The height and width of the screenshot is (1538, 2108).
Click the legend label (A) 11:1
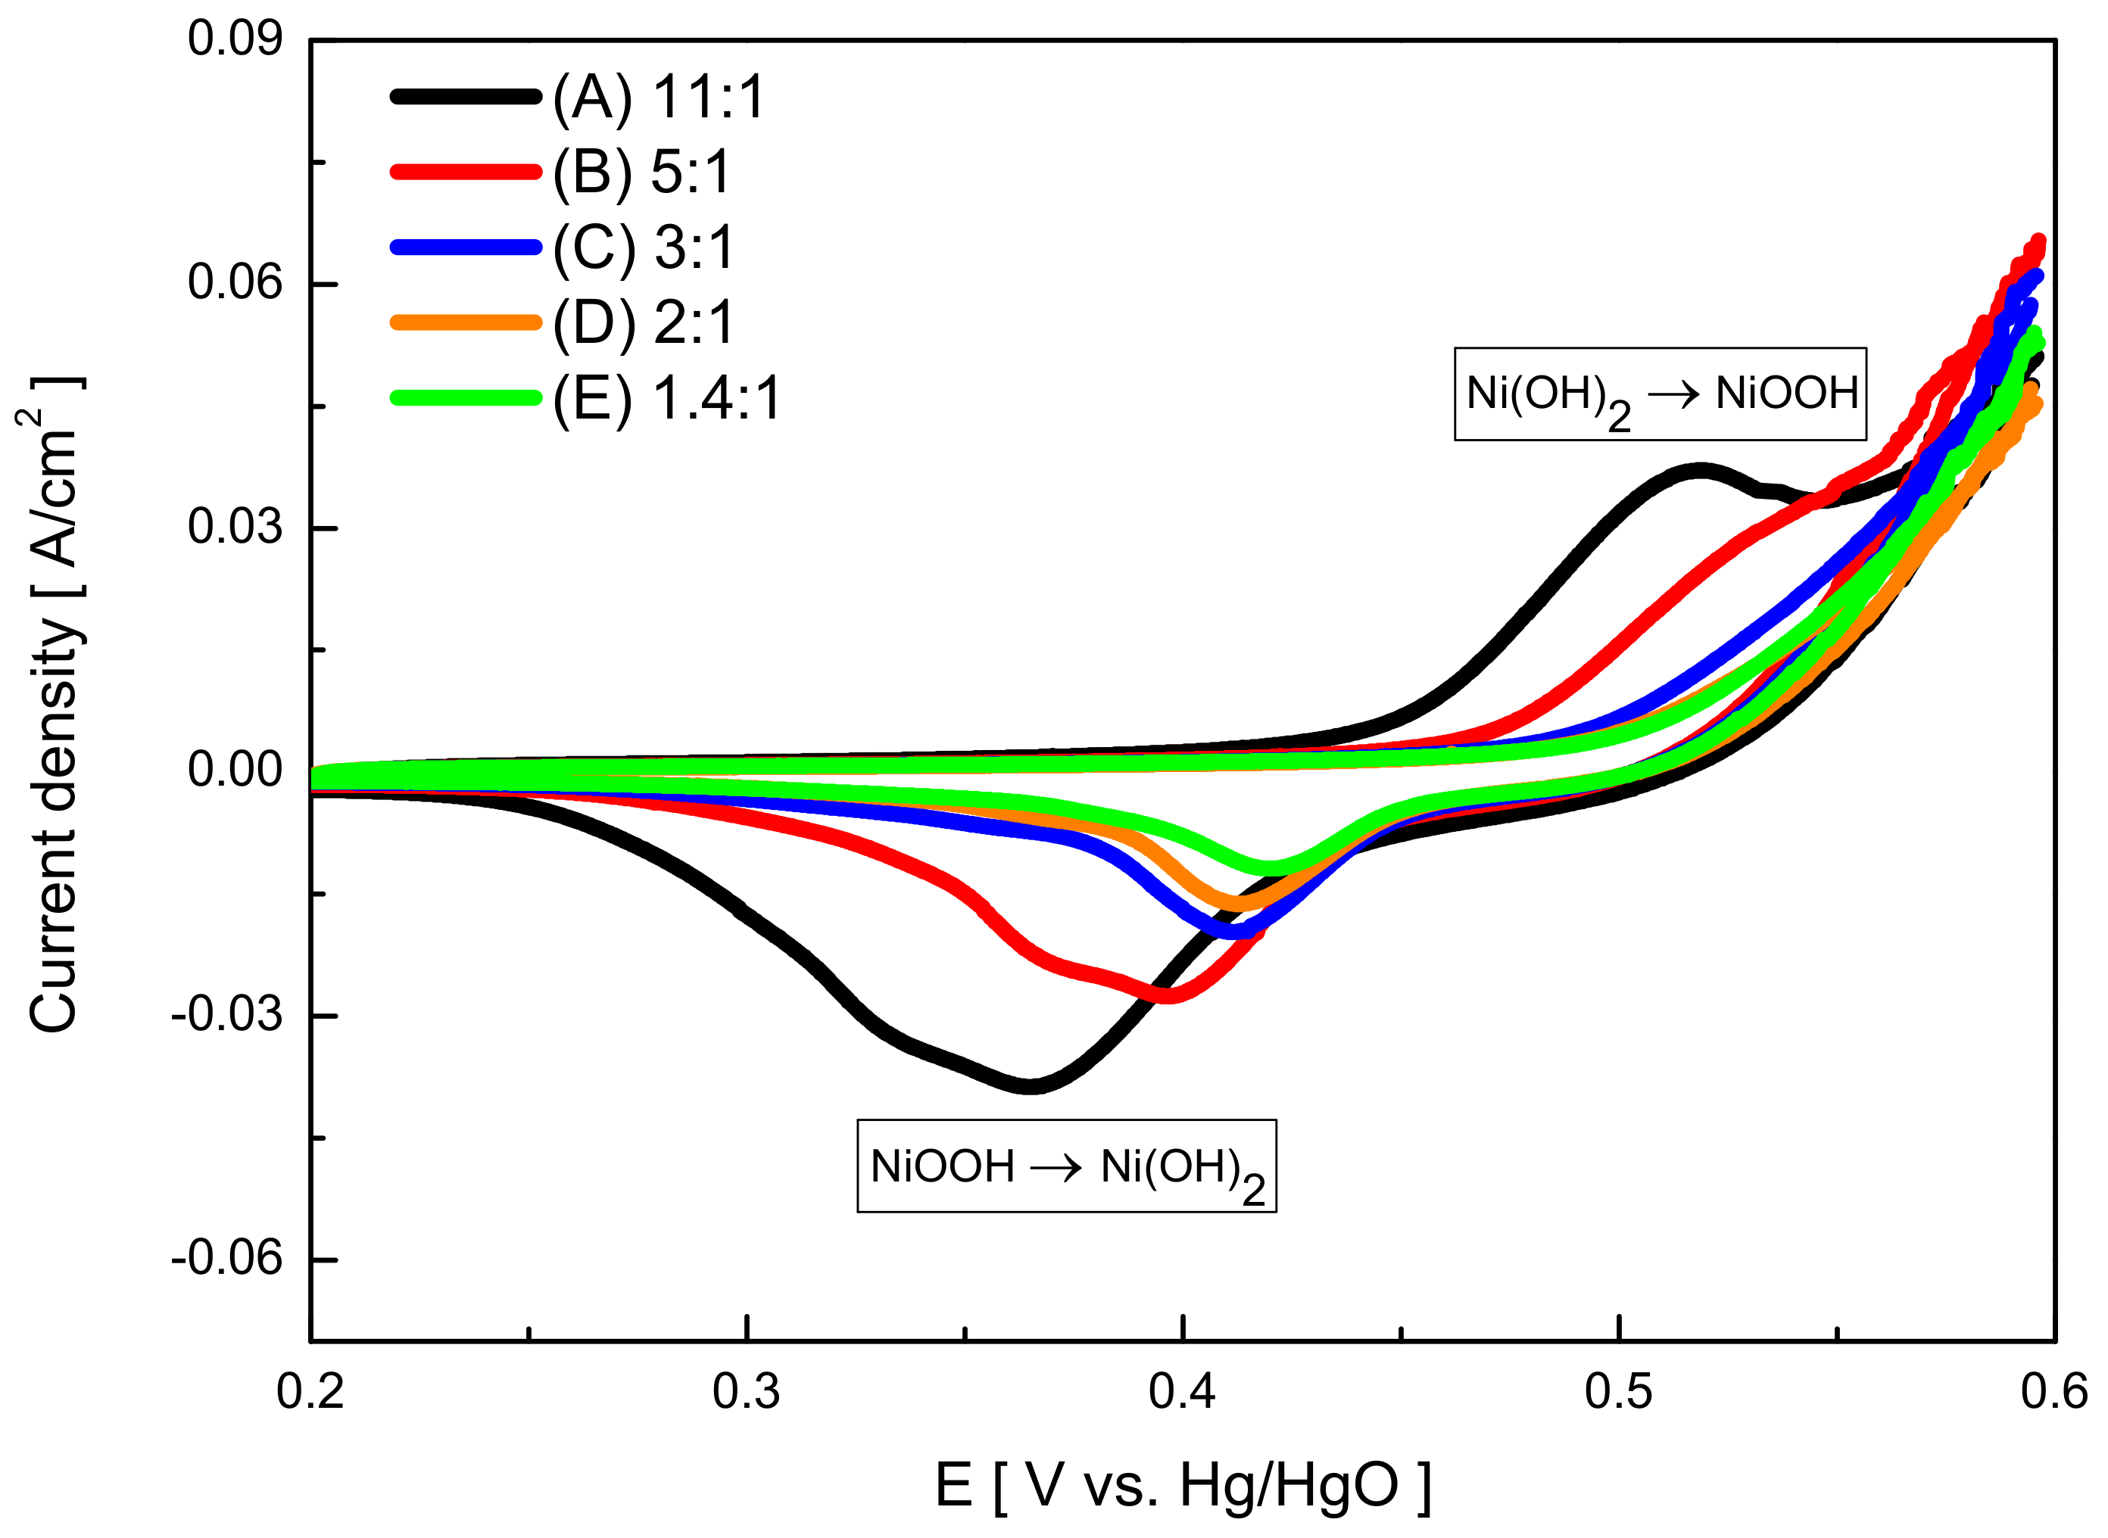pyautogui.click(x=660, y=97)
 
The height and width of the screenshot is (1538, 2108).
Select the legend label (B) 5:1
pyautogui.click(x=642, y=173)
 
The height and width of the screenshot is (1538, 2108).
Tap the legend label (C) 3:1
pyautogui.click(x=644, y=248)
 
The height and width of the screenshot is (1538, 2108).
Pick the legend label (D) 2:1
pyautogui.click(x=644, y=323)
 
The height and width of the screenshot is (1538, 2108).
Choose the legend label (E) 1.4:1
pyautogui.click(x=666, y=398)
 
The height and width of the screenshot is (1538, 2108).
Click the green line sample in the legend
pyautogui.click(x=466, y=397)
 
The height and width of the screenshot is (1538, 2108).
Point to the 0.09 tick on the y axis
pyautogui.click(x=235, y=40)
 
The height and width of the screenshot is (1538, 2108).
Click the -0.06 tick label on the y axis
pyautogui.click(x=226, y=1259)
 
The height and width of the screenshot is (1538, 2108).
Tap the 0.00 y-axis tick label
pyautogui.click(x=235, y=771)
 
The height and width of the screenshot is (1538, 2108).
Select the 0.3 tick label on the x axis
pyautogui.click(x=747, y=1392)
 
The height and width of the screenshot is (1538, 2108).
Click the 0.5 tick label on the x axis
pyautogui.click(x=1619, y=1392)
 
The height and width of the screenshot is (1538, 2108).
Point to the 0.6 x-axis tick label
pyautogui.click(x=2054, y=1392)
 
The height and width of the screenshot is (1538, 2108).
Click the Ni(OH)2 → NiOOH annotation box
pyautogui.click(x=1661, y=394)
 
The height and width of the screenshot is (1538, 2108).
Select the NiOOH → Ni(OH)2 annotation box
pyautogui.click(x=1066, y=1166)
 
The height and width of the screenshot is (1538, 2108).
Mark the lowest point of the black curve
pyautogui.click(x=1030, y=1085)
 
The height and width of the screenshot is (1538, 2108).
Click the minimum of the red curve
pyautogui.click(x=1168, y=996)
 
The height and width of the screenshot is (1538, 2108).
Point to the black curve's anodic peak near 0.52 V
pyautogui.click(x=1700, y=471)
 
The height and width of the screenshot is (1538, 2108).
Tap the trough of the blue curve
pyautogui.click(x=1235, y=930)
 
